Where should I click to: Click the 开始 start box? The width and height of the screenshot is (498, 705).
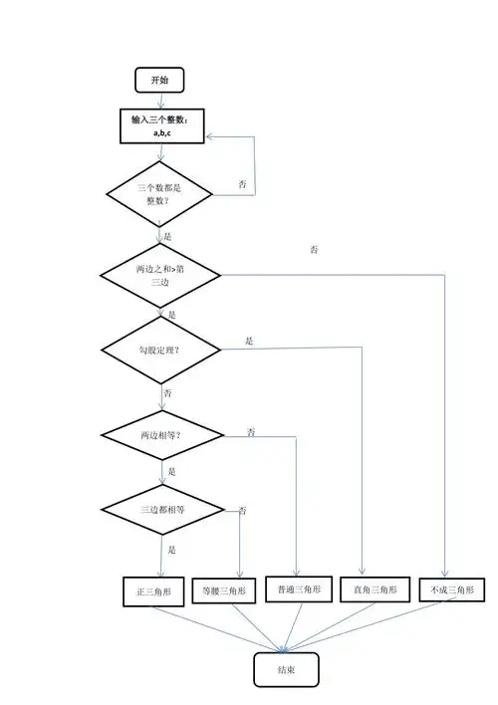tap(159, 79)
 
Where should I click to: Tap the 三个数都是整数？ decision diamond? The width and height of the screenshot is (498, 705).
tap(159, 194)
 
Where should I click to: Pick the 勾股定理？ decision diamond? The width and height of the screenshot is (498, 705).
tap(160, 349)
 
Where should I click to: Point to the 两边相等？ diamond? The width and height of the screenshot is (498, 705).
tap(160, 435)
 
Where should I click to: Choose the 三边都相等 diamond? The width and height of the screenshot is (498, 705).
tap(160, 509)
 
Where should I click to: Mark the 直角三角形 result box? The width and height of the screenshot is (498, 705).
tap(374, 589)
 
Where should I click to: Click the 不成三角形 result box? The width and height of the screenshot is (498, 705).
tap(452, 589)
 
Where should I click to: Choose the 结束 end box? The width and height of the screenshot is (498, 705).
tap(288, 670)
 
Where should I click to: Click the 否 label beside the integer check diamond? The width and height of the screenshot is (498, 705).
tap(243, 185)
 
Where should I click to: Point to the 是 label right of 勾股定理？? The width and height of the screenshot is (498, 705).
tap(249, 341)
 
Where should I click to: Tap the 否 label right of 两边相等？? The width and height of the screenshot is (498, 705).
tap(252, 431)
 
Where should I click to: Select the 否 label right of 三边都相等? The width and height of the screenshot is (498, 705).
tap(242, 510)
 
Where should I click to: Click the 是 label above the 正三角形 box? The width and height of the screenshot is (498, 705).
tap(171, 550)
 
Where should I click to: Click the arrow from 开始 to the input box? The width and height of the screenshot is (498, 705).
tap(160, 100)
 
